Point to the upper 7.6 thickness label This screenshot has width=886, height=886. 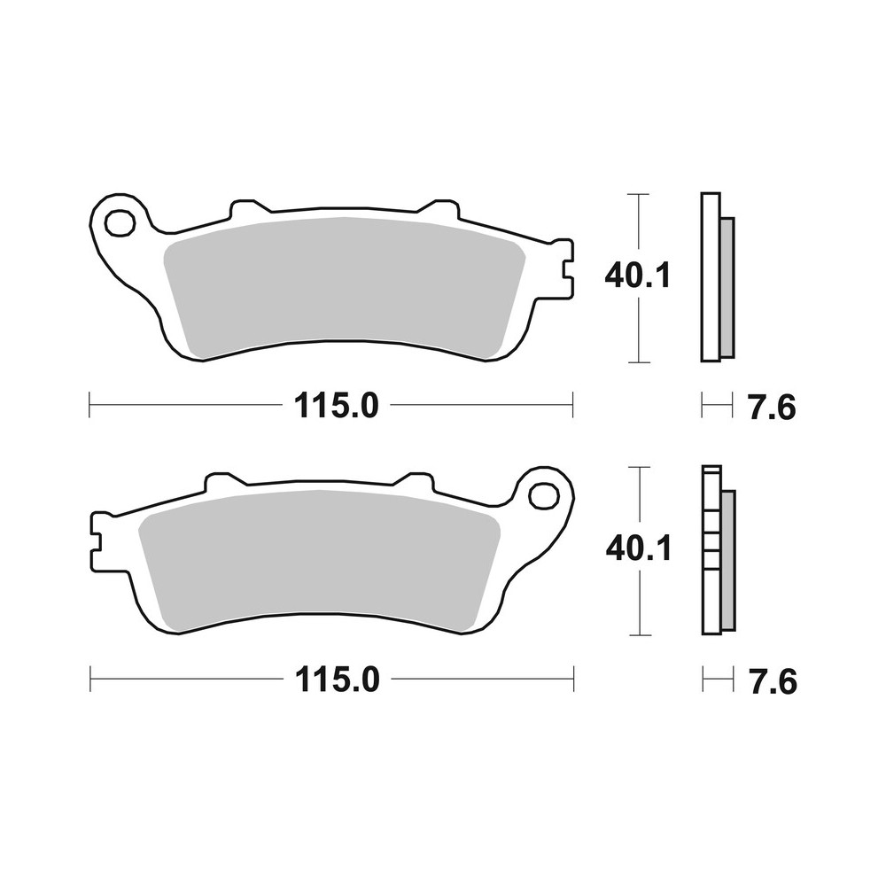point(771,408)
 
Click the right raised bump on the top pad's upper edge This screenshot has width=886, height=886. point(437,209)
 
